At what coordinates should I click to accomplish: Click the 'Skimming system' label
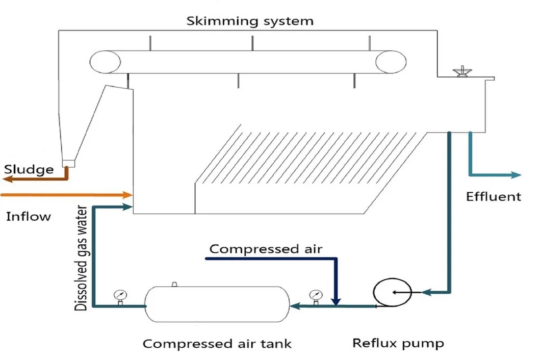pos(249,21)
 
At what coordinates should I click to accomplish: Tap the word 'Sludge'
pos(29,170)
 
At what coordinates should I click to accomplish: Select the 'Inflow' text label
pos(29,216)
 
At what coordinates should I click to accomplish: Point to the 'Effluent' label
pos(494,196)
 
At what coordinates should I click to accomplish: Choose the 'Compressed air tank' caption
pos(217,343)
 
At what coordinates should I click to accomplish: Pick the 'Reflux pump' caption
pos(398,343)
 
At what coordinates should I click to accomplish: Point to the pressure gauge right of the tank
pos(316,295)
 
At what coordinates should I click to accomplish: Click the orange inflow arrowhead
pos(127,194)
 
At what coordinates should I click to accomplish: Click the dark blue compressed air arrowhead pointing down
pos(335,301)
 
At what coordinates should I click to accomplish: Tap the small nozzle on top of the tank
pos(174,283)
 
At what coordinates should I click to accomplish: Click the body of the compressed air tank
pos(217,304)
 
